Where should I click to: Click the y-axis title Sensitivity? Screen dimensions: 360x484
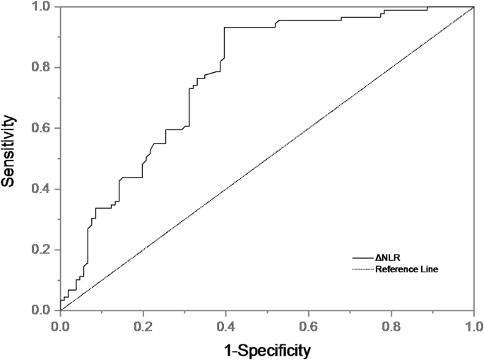[x=9, y=158]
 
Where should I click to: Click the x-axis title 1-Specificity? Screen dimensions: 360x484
[x=267, y=349]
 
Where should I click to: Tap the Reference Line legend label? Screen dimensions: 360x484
[x=407, y=269]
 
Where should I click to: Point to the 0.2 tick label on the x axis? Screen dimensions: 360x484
[x=143, y=325]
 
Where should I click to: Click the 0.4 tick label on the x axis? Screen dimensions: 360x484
[x=226, y=325]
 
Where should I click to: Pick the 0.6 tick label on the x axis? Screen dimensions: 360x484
[x=309, y=325]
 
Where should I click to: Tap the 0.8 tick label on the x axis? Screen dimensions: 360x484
[x=391, y=325]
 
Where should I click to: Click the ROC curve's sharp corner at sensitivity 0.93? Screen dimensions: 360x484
[x=225, y=28]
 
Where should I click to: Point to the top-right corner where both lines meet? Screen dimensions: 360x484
[x=473, y=7]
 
